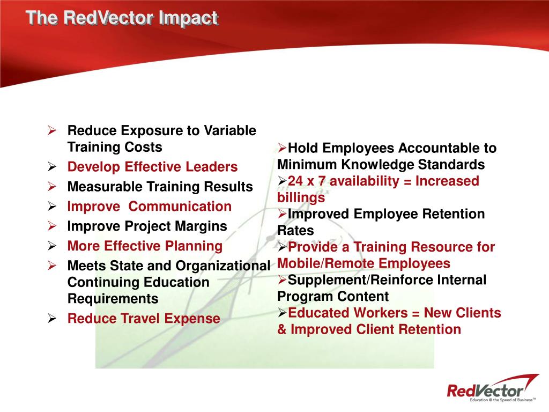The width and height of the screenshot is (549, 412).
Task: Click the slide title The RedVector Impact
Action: coord(122,18)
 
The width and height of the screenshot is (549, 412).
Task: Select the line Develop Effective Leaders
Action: coord(152,167)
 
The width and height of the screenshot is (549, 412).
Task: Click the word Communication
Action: coord(180,207)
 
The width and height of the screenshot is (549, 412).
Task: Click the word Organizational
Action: coord(223,266)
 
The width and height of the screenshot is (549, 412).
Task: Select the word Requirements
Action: coord(113,299)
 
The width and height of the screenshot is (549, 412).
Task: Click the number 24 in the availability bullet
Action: coord(295,181)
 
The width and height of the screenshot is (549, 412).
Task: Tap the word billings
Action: coord(301,198)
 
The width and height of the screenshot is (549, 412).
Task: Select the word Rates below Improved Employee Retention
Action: coord(295,231)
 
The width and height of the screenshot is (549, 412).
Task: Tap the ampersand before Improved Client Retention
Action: coord(282,330)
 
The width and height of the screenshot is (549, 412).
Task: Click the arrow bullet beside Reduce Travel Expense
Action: coord(52,319)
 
